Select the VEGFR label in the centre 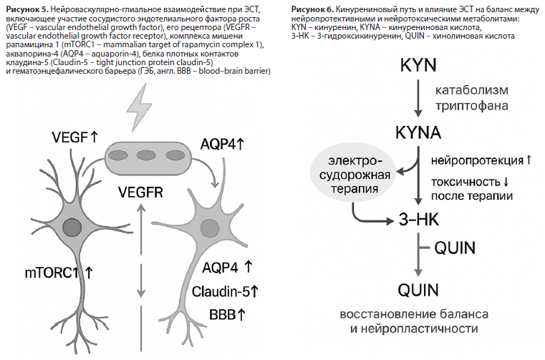tap(141, 193)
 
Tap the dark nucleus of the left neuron tap(72, 228)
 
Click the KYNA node tap(418, 132)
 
